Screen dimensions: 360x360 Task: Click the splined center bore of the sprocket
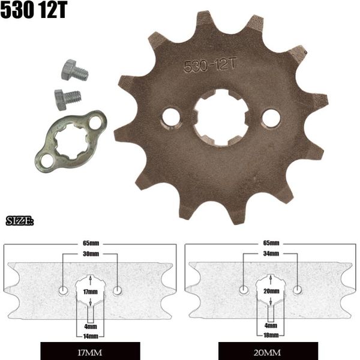pyautogui.click(x=220, y=117)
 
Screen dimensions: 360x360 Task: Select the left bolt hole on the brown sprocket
pyautogui.click(x=171, y=116)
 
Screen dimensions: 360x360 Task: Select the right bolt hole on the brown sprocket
pyautogui.click(x=271, y=118)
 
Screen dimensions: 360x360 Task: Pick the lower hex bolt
pyautogui.click(x=67, y=97)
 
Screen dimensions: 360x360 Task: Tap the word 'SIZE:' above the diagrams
pyautogui.click(x=19, y=222)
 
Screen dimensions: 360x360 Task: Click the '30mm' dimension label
pyautogui.click(x=90, y=254)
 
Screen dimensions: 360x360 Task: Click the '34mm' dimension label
pyautogui.click(x=271, y=254)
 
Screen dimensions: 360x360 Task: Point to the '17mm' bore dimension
pyautogui.click(x=90, y=291)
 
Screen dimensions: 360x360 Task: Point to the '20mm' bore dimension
pyautogui.click(x=271, y=291)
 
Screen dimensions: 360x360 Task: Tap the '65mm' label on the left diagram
pyautogui.click(x=90, y=244)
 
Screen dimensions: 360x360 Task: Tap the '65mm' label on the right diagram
pyautogui.click(x=271, y=244)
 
